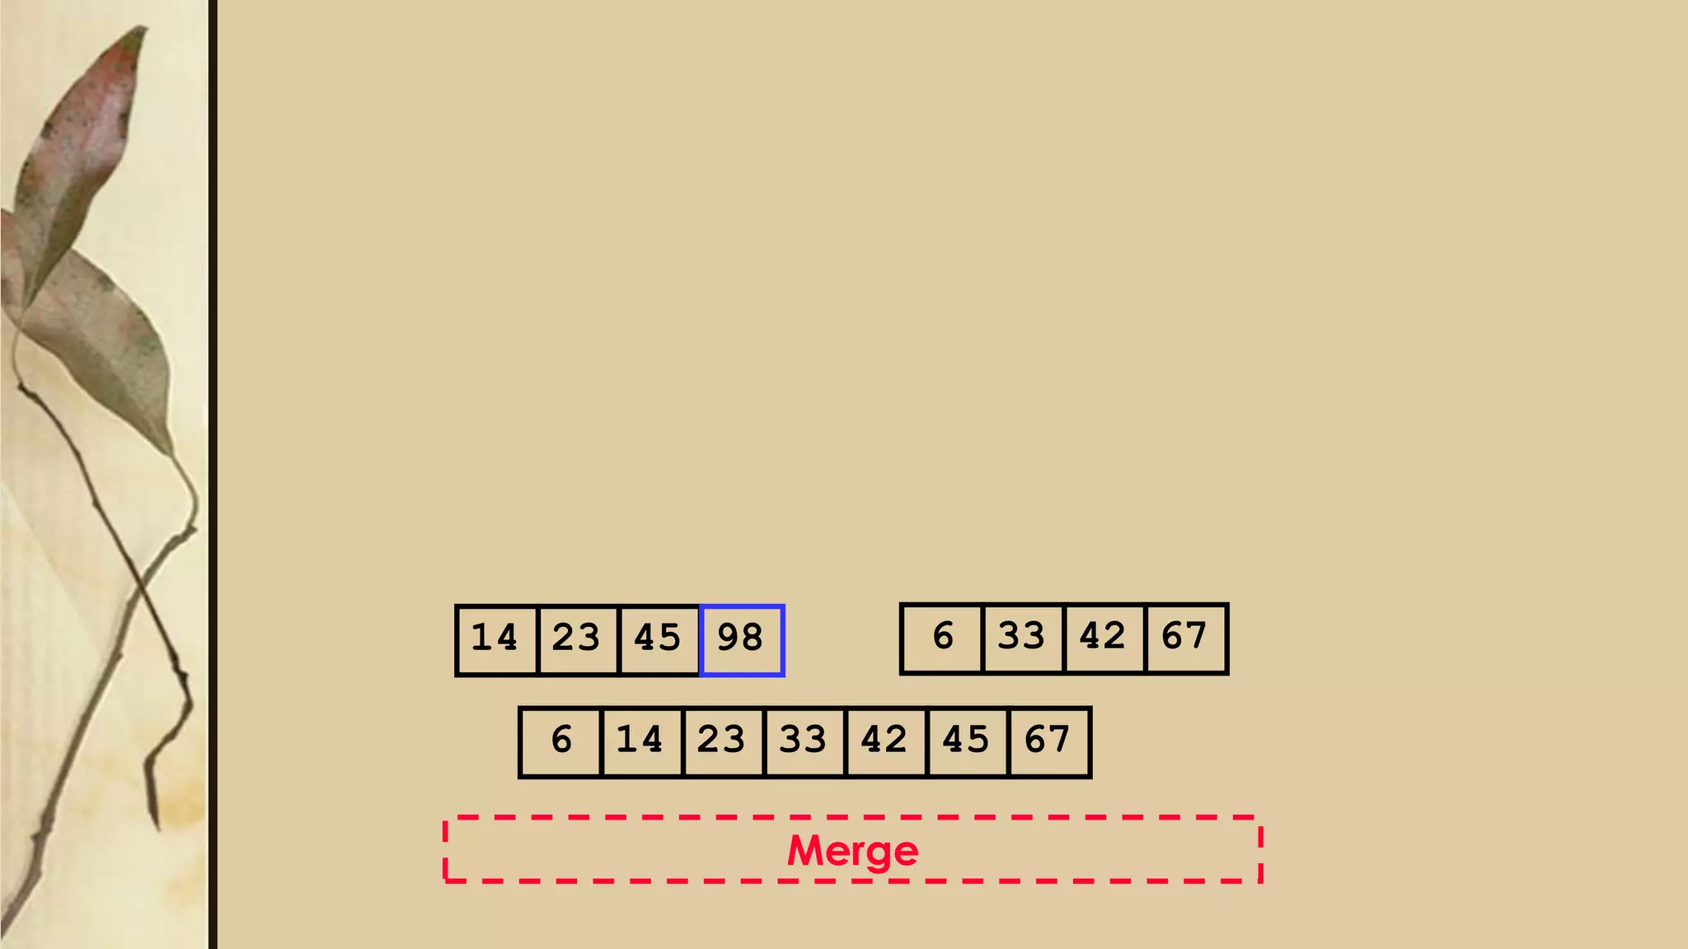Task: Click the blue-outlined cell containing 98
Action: (x=741, y=639)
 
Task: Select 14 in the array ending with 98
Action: (x=495, y=639)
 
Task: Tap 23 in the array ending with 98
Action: (x=576, y=639)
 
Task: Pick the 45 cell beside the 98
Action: (x=658, y=639)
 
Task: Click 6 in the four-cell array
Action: (x=942, y=638)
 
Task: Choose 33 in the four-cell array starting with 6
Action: (x=1022, y=638)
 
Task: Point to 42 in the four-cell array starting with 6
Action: (x=1103, y=638)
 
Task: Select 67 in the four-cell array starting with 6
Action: (x=1184, y=638)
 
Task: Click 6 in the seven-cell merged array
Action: (x=561, y=741)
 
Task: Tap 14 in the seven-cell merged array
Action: (x=640, y=741)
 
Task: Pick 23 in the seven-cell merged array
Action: (x=722, y=741)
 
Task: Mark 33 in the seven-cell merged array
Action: (x=804, y=741)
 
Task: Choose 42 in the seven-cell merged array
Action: (x=884, y=741)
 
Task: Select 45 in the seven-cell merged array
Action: (x=966, y=741)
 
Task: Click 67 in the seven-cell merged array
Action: (x=1048, y=741)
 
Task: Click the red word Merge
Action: (x=852, y=851)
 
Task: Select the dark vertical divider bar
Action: (x=213, y=474)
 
